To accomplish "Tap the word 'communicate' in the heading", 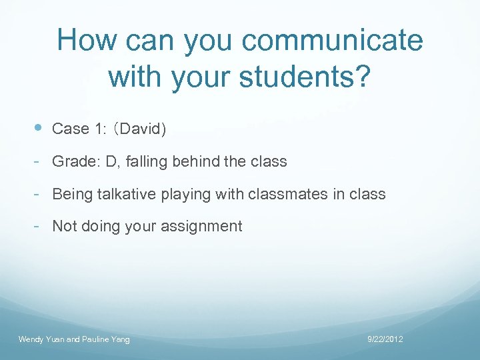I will (332, 40).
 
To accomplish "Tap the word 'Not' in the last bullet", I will (64, 226).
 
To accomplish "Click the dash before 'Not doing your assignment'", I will (39, 225).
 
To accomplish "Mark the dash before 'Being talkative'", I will (39, 193).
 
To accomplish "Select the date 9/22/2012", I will (385, 339).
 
